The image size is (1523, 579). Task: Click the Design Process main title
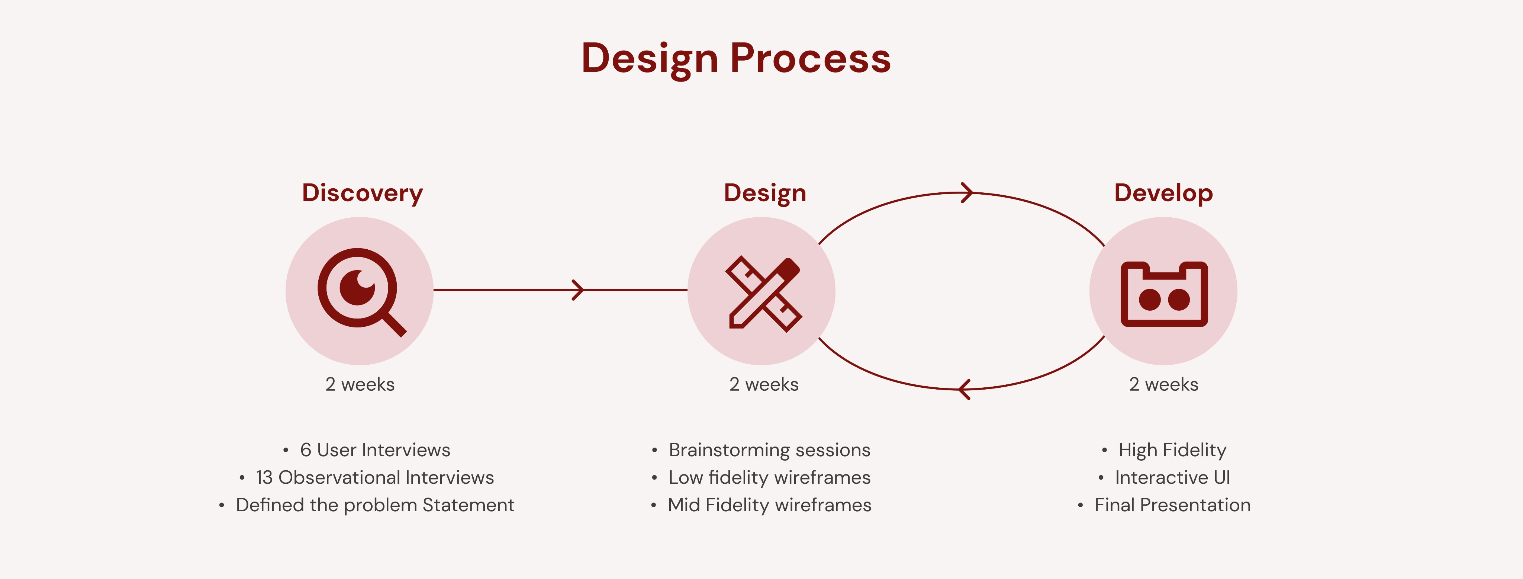click(x=736, y=58)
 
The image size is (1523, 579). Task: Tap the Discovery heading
click(x=363, y=193)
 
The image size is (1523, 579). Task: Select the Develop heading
click(x=1163, y=193)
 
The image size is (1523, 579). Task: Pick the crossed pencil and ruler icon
click(x=763, y=293)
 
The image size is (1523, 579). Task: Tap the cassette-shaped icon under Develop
click(x=1163, y=294)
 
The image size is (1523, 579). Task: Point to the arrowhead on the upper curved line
click(x=967, y=193)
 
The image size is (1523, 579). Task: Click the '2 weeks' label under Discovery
click(x=360, y=384)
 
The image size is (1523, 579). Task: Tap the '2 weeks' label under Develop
click(x=1163, y=384)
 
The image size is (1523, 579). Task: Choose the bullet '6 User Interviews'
click(x=375, y=450)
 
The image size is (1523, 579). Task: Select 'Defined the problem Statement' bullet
click(x=375, y=505)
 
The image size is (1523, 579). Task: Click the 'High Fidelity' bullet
click(x=1172, y=450)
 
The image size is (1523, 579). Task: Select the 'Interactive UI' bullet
click(x=1172, y=477)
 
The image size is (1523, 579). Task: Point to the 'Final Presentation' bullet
click(x=1172, y=505)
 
